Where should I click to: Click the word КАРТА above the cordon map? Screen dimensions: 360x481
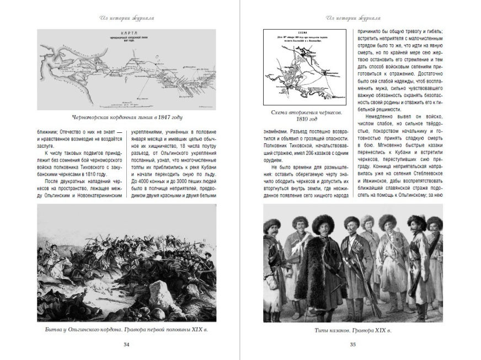(x=127, y=33)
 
